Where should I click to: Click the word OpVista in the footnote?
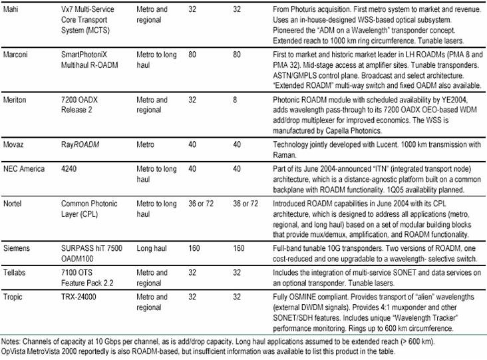click(15, 351)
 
